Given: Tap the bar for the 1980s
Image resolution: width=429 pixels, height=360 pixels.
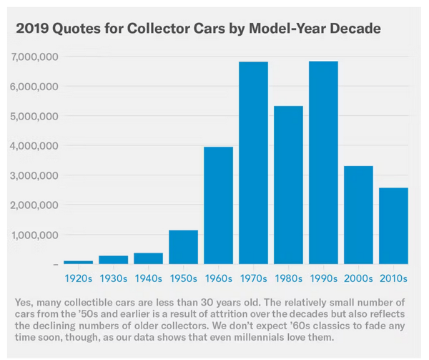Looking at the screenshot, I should coord(288,185).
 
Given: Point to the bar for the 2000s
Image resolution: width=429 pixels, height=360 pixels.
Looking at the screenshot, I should coord(357,215).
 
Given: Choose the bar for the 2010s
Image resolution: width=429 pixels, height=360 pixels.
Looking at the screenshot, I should coord(393,226).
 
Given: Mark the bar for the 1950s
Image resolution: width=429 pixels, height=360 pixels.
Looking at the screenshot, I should coord(184,247).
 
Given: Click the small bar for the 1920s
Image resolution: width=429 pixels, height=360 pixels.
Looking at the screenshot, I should coord(79,263).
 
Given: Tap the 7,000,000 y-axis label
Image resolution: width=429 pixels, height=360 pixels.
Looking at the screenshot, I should coord(34,57).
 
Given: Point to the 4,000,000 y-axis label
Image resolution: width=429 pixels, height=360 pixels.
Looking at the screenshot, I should coord(34,146).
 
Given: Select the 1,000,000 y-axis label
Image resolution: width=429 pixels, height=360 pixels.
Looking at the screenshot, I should coord(34,235).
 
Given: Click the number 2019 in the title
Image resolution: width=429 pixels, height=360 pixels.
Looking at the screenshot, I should coord(33,29).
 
